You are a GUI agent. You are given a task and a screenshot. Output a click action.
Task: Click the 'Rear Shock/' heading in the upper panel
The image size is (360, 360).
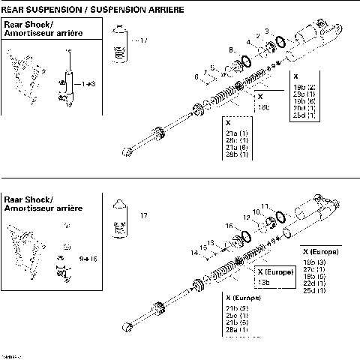pyautogui.click(x=24, y=25)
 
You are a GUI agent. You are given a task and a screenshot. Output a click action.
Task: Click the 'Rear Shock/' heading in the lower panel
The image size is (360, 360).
pyautogui.click(x=24, y=198)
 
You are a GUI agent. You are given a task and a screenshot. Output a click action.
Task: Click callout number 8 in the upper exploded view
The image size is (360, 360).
pyautogui.click(x=230, y=49)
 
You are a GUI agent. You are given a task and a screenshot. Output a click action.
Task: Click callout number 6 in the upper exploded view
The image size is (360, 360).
pyautogui.click(x=196, y=76)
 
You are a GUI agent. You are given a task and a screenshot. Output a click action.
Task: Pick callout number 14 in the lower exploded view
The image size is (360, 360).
pyautogui.click(x=193, y=252)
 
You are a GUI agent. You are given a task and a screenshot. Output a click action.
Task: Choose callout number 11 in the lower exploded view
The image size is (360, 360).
pyautogui.click(x=264, y=205)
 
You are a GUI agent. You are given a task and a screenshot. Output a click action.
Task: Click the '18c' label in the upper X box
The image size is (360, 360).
pyautogui.click(x=264, y=107)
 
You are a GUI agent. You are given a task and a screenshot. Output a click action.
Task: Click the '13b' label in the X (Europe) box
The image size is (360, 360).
pyautogui.click(x=264, y=281)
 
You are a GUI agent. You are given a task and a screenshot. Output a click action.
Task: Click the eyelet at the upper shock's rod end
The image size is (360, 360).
pyautogui.click(x=130, y=152)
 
